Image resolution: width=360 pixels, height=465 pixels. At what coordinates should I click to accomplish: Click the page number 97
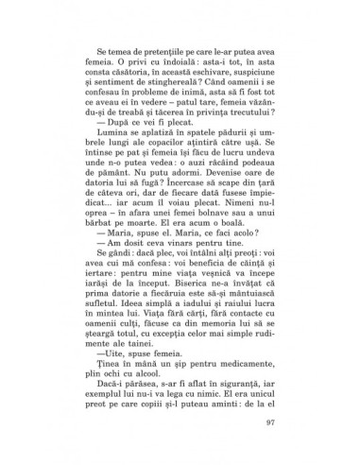pos(269,421)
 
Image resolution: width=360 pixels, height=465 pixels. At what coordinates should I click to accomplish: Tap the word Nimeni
pos(228,230)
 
